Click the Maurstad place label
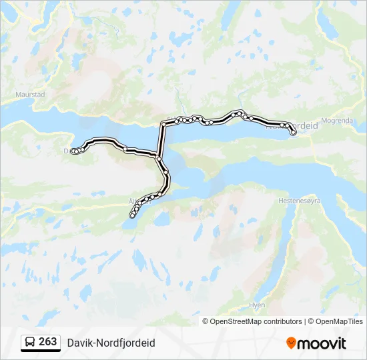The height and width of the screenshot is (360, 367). (31, 95)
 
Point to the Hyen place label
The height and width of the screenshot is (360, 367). (256, 305)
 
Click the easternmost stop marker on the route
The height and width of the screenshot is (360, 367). (293, 133)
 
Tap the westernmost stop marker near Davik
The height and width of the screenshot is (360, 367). (73, 151)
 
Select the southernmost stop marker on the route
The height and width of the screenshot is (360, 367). (131, 215)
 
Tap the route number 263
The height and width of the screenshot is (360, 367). (48, 341)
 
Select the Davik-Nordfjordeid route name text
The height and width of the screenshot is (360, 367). (111, 343)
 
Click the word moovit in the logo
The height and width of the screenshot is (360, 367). (322, 343)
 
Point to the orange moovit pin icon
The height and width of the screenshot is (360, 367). (291, 343)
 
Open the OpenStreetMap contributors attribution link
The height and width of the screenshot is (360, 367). (256, 321)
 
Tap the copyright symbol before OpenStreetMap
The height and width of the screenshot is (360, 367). (206, 321)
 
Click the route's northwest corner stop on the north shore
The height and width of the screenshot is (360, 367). (163, 124)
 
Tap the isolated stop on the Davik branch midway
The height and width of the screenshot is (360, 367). (125, 148)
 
